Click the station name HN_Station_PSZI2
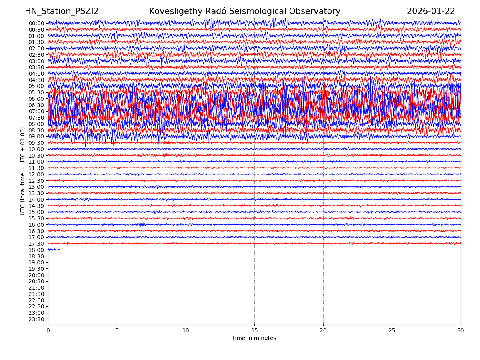point(62,12)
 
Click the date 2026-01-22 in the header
point(431,12)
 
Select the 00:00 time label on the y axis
point(36,23)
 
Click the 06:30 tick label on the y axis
point(36,105)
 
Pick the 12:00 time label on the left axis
point(36,174)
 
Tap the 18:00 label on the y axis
point(36,250)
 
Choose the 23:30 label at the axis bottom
point(36,319)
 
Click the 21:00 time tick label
point(36,288)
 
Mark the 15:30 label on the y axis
point(36,218)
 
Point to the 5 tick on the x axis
point(117,331)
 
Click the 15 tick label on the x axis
point(254,331)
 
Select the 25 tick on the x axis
point(392,331)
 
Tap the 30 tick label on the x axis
point(461,331)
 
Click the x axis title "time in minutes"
point(254,338)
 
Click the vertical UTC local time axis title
point(23,171)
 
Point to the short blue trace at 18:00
point(54,250)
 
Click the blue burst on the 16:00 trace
point(141,224)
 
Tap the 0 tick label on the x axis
point(48,331)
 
